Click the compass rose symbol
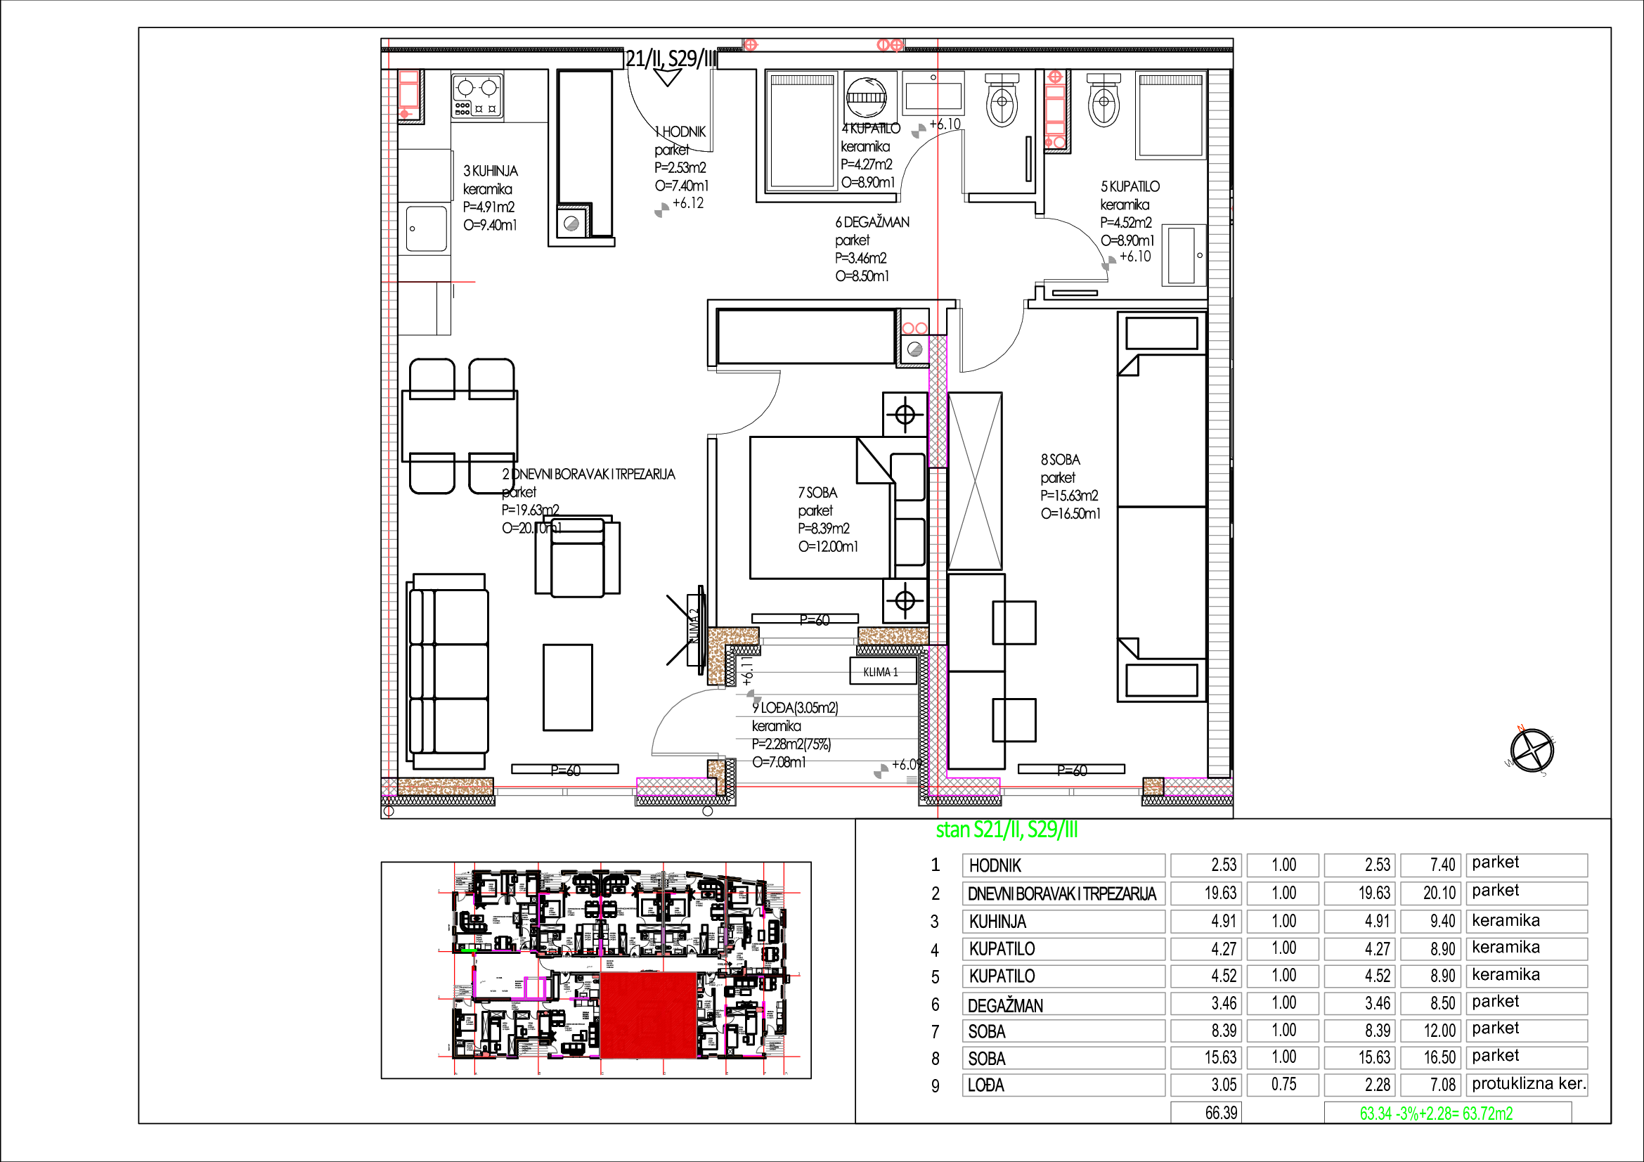[x=1532, y=750]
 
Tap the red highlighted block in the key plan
[x=648, y=1014]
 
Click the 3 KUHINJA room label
[x=491, y=171]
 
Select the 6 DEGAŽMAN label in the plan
[x=872, y=223]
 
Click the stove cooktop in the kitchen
[x=477, y=95]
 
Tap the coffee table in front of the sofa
[x=567, y=687]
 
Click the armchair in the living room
[x=578, y=557]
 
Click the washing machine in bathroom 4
[x=867, y=96]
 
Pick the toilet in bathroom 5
[x=1103, y=101]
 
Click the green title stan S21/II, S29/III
[x=1007, y=829]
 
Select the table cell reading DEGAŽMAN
[x=1063, y=1005]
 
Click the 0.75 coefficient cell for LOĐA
[x=1283, y=1085]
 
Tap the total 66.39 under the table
[x=1220, y=1113]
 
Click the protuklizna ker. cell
[x=1528, y=1084]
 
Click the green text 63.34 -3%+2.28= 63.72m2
[x=1436, y=1113]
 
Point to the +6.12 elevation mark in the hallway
[x=688, y=203]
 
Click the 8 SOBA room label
[x=1060, y=460]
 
